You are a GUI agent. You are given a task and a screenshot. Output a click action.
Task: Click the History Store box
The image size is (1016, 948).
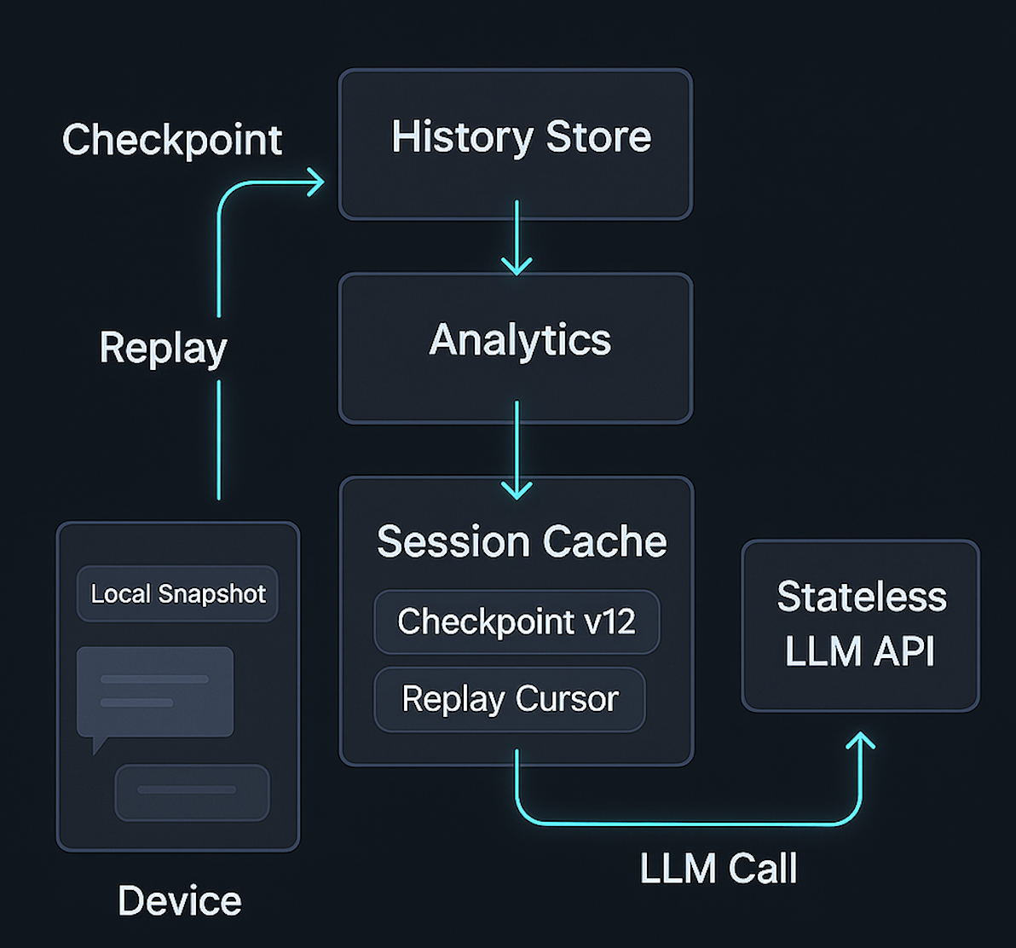515,143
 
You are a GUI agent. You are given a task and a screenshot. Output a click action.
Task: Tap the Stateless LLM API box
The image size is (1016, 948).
860,625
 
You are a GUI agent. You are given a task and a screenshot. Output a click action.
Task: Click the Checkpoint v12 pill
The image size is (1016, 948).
517,621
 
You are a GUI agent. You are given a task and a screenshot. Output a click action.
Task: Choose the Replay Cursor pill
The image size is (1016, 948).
510,699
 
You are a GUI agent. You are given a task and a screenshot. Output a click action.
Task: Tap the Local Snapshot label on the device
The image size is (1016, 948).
178,593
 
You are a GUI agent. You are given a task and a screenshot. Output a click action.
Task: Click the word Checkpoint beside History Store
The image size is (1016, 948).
172,140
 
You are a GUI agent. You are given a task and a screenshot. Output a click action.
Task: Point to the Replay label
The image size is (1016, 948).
163,348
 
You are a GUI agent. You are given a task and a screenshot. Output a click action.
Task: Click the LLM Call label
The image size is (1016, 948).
718,869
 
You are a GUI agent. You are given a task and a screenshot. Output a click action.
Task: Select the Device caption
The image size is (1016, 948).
179,901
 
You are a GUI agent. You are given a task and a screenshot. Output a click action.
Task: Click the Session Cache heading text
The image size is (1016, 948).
521,541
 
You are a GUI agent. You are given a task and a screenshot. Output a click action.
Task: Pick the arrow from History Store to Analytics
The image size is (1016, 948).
516,239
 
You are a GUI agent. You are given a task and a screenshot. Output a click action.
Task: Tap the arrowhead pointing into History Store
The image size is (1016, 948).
315,181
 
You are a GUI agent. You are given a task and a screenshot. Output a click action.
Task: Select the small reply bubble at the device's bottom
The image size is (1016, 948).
192,792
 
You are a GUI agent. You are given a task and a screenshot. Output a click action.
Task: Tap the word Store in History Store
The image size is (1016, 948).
598,137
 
